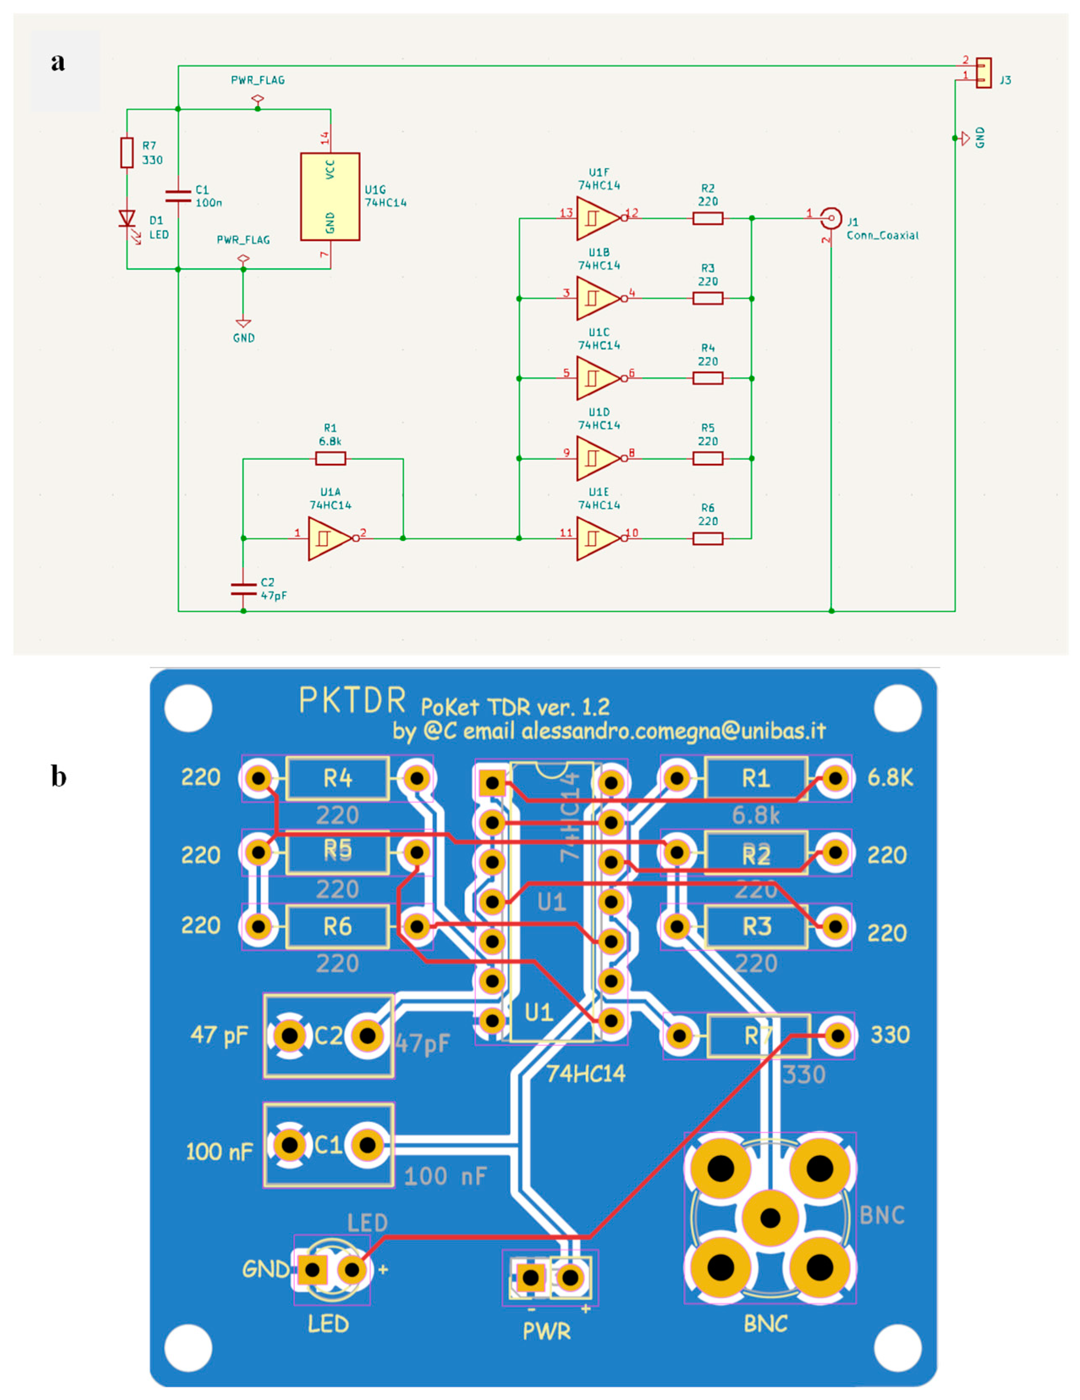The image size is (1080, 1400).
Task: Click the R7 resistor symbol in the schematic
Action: (127, 152)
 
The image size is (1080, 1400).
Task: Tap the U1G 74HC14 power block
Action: (330, 197)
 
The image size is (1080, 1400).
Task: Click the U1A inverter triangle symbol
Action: (329, 538)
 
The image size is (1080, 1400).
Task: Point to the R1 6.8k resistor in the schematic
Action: (330, 458)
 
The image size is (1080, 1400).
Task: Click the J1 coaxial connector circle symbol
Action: (831, 218)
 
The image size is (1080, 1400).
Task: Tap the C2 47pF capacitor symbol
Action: (243, 588)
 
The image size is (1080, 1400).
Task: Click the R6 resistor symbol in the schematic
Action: (708, 538)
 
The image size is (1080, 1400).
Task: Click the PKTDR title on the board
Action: (352, 701)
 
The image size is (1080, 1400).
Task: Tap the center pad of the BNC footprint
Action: (770, 1217)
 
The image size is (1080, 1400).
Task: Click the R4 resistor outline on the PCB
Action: (338, 778)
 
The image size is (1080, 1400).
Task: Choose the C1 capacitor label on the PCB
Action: (328, 1145)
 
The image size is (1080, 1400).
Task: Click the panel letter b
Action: (58, 776)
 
